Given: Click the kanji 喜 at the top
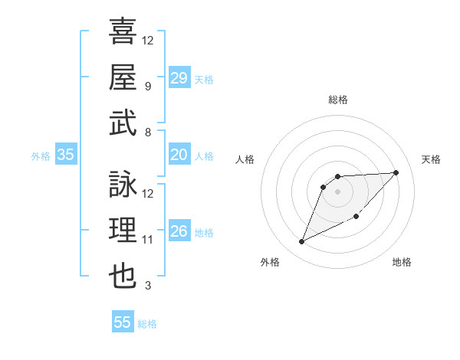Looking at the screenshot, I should (x=123, y=31).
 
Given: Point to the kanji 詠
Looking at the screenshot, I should (x=123, y=184).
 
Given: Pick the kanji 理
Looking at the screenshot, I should (x=123, y=229).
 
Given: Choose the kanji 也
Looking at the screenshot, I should (x=123, y=275).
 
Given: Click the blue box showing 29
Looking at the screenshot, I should (x=179, y=78).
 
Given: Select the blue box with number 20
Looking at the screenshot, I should (x=179, y=155).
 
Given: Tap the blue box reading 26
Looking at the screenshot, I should (x=179, y=231).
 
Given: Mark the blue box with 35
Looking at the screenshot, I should (x=66, y=155).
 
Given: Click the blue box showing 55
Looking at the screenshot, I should (x=123, y=322).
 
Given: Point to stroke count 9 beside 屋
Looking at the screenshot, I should (x=147, y=86).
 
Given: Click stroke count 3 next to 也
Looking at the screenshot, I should (x=147, y=286).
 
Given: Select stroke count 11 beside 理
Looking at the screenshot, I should (x=148, y=240).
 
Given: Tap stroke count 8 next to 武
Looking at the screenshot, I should (x=147, y=132).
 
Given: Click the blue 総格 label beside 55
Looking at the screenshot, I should (x=147, y=324).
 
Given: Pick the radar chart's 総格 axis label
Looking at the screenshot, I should (x=337, y=100).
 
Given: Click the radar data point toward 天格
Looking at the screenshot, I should (x=396, y=172).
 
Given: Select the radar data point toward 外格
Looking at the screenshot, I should (x=301, y=242).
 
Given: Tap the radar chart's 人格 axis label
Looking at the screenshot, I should (x=245, y=159).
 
